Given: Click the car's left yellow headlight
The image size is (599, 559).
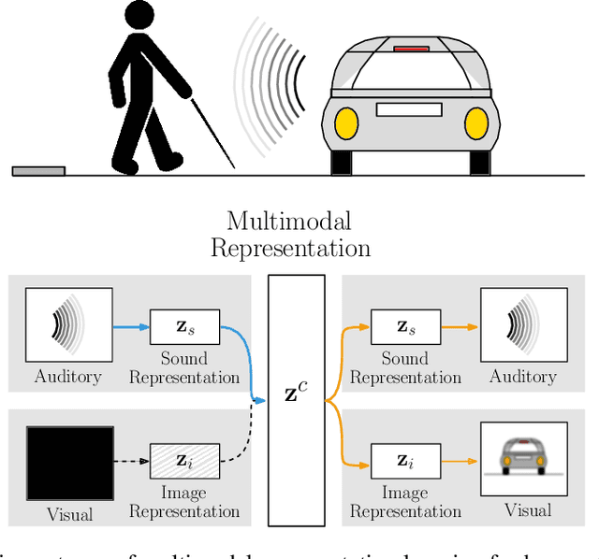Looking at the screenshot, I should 346,122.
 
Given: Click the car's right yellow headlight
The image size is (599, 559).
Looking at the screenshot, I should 476,122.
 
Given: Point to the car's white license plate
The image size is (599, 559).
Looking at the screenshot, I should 409,109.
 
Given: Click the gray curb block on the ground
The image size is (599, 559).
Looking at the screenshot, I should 38,170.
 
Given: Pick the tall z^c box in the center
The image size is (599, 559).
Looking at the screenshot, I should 296,399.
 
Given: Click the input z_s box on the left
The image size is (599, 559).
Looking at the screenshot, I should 184,326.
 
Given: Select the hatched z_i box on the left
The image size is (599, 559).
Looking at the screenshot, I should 184,460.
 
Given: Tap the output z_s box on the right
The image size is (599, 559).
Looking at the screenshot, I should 405,327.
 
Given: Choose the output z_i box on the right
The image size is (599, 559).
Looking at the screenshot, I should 405,460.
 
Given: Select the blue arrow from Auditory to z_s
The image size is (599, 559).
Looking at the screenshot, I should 131,327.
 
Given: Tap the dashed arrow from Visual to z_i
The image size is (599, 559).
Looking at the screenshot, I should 132,461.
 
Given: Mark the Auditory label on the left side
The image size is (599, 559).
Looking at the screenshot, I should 69,377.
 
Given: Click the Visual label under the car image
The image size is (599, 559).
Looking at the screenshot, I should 527,510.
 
